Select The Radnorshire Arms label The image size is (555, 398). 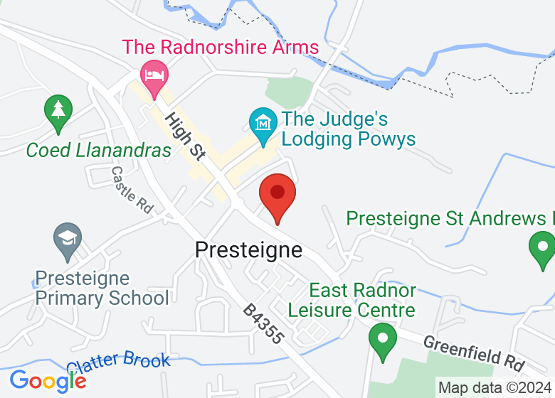point(221,48)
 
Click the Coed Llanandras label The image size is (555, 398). point(99,150)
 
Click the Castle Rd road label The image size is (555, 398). point(132,190)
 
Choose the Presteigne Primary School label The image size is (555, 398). point(102,288)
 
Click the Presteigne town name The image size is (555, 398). point(248,250)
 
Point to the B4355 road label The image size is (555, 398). point(263,325)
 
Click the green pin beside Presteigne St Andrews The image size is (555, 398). point(542,249)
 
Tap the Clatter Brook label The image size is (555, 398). point(119,361)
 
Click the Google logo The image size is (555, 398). point(48,381)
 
